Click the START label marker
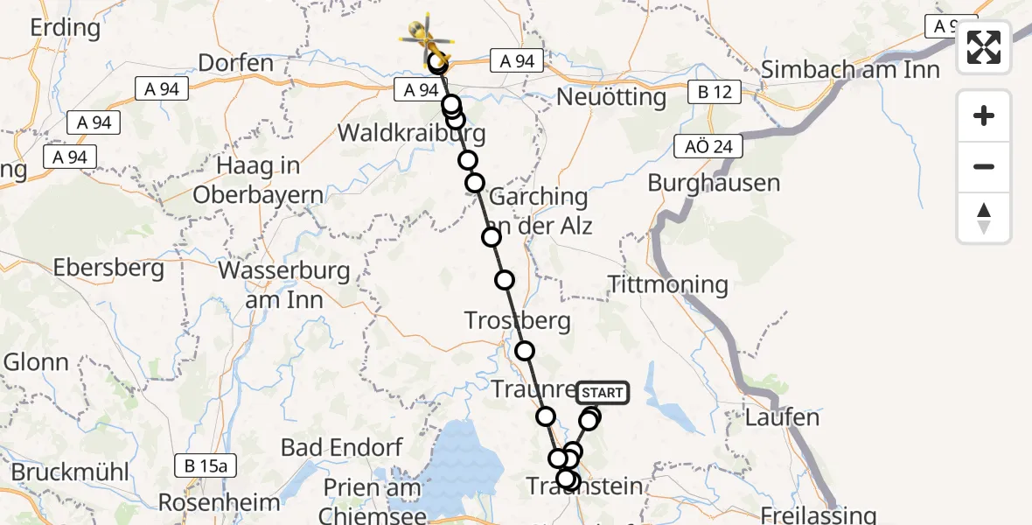[603, 393]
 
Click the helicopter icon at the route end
[429, 38]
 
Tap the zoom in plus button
[984, 115]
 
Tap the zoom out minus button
[984, 166]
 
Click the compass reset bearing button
[984, 218]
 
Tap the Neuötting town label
[611, 96]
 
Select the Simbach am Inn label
[850, 70]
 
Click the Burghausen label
[714, 183]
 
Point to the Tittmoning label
[668, 284]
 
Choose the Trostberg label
[518, 320]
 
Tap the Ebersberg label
[109, 268]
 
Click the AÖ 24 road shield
[708, 146]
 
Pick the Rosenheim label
[220, 503]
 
